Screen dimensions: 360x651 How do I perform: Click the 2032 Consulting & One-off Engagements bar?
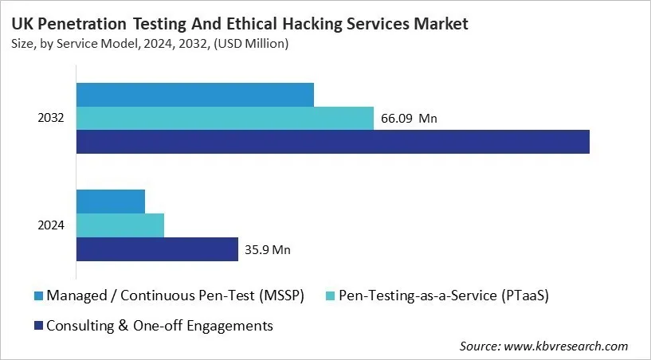click(x=332, y=142)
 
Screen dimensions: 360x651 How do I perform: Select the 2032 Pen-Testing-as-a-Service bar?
click(x=225, y=119)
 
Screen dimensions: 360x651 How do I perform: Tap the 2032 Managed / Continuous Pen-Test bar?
click(x=194, y=95)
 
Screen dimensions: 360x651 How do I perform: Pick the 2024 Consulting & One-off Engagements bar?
click(x=157, y=249)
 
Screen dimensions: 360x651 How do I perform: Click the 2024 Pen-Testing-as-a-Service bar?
click(x=120, y=225)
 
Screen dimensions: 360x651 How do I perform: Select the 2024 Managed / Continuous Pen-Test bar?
click(x=110, y=202)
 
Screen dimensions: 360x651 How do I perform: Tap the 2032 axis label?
click(x=51, y=119)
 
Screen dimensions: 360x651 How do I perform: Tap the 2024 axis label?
click(x=51, y=225)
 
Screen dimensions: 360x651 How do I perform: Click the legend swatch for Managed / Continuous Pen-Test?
click(x=37, y=296)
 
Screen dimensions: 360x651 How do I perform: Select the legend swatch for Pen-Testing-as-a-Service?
click(x=331, y=296)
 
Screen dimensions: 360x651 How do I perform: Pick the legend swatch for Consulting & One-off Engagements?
click(x=37, y=325)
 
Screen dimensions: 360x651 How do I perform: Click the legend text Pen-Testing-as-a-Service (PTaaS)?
click(x=444, y=296)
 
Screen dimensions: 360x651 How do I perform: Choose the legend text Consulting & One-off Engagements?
click(x=160, y=325)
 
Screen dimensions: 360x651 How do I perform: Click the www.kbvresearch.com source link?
click(x=567, y=346)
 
